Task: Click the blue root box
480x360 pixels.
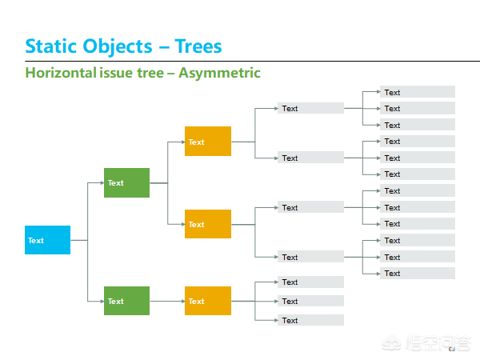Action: (47, 240)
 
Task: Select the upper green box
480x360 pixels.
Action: (126, 182)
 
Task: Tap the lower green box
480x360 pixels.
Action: (126, 301)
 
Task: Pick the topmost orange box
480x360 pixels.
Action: (208, 141)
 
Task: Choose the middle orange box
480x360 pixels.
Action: (208, 224)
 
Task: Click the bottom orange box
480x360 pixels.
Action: (208, 301)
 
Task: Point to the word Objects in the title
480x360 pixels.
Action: (118, 47)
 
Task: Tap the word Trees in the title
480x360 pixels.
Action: (198, 46)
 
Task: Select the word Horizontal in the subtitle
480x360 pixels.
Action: (61, 73)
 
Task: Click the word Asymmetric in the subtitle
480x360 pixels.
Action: (219, 74)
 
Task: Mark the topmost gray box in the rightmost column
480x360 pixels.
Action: (418, 92)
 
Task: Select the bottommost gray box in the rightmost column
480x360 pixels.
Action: (418, 273)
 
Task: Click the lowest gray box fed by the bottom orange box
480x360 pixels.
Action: (310, 320)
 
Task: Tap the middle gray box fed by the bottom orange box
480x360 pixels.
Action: (310, 301)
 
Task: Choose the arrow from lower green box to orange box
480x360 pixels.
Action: (167, 302)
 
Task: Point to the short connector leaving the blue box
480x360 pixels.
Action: (79, 240)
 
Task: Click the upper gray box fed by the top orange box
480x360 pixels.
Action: (310, 108)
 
